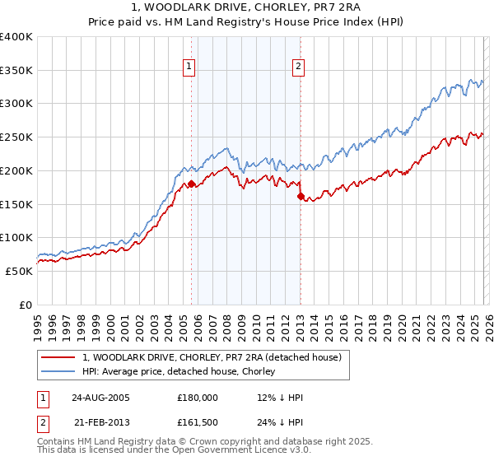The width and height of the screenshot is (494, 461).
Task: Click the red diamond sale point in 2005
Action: point(192,184)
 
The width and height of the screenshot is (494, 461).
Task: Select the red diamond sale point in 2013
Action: point(301,197)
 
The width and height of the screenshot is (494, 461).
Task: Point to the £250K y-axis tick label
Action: point(16,137)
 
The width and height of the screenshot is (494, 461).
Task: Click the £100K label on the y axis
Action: point(16,238)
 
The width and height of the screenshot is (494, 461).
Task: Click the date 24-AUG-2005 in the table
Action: point(101,398)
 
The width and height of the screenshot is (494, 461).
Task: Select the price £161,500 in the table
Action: point(198,424)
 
